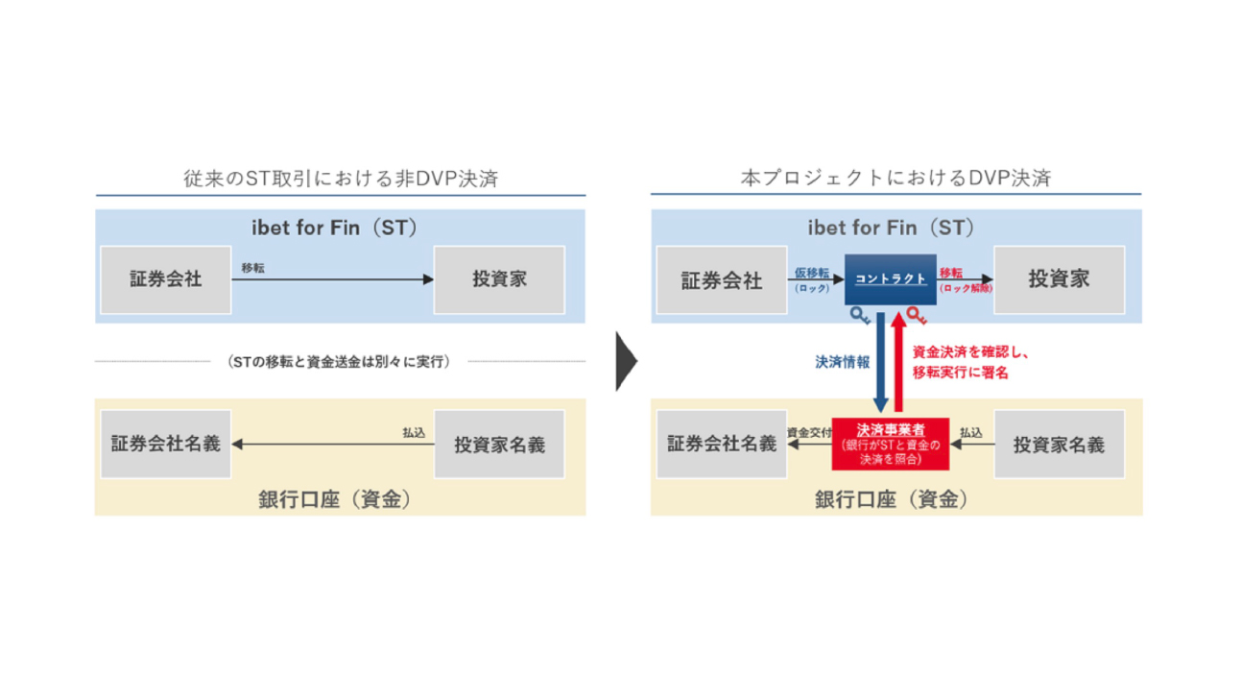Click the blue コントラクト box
coord(891,279)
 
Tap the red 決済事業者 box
coord(890,443)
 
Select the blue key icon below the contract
coord(859,315)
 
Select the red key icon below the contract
coord(918,315)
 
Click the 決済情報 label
coord(843,362)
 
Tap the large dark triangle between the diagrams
coord(626,361)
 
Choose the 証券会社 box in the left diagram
coord(166,279)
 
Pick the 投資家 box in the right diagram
coord(1059,279)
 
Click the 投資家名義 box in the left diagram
coord(499,445)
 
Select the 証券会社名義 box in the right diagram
coord(722,444)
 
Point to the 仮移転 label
coord(812,274)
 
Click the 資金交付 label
coord(808,433)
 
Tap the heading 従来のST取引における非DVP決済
coord(341,179)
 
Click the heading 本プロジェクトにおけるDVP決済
coord(895,179)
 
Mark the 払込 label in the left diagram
coord(414,433)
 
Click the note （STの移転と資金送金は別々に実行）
coord(340,362)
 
